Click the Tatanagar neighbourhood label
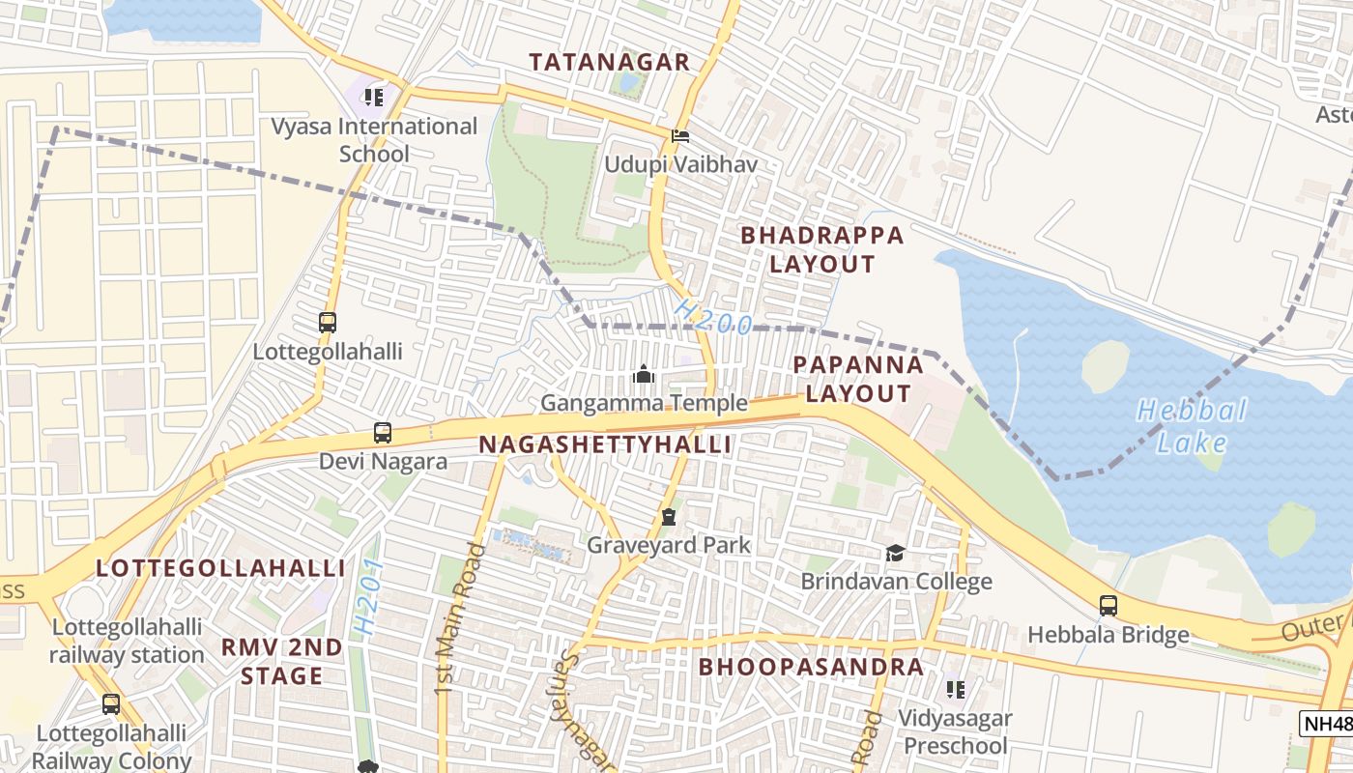(610, 62)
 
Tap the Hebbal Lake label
(1191, 426)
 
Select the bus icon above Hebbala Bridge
(1108, 606)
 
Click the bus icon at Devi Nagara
(383, 433)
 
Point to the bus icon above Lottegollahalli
(328, 323)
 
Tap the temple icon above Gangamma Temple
(644, 374)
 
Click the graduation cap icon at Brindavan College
(896, 554)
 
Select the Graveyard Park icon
(668, 517)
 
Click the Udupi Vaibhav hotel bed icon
(680, 136)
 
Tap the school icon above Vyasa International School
(374, 97)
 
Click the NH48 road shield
(1326, 723)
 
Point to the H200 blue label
(712, 317)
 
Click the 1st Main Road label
(459, 618)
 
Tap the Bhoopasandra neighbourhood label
(811, 667)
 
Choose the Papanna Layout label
(858, 379)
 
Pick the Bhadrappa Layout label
(822, 249)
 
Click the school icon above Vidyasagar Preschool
(955, 690)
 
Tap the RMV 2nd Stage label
(281, 661)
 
